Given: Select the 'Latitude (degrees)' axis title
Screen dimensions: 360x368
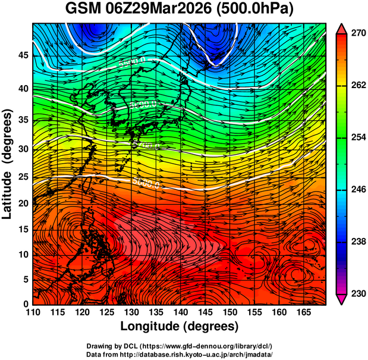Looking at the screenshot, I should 8,164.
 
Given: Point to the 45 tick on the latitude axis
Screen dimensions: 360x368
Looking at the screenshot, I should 22,55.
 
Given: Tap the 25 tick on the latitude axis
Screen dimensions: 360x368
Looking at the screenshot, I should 22,177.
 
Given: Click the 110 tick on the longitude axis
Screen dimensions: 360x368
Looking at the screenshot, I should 33,312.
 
